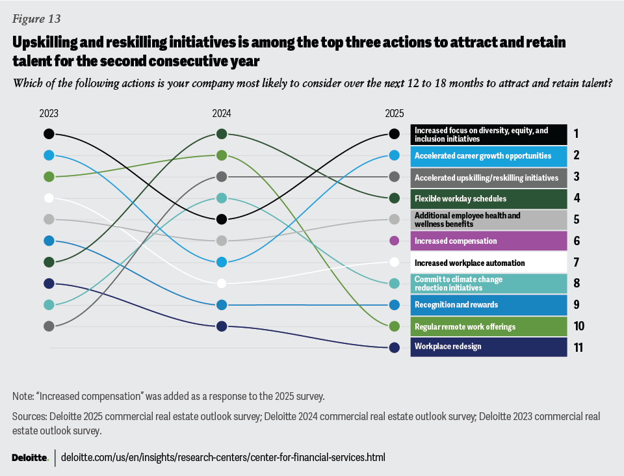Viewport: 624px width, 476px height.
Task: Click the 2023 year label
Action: pos(49,113)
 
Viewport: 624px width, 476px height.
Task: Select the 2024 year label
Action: pos(222,113)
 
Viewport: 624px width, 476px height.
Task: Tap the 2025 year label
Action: pos(394,113)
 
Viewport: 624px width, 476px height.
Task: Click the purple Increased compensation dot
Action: pos(394,241)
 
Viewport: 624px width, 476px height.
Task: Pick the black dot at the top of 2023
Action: pos(49,134)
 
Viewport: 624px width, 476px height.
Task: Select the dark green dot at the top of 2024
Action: pos(222,134)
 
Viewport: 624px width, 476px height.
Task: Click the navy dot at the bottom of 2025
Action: pos(394,347)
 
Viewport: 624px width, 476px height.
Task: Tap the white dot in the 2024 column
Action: pos(222,284)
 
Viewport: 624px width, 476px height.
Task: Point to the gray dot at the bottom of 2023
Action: pos(49,326)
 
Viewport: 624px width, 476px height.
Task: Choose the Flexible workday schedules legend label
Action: pos(460,198)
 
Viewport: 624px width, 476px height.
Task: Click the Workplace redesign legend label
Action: pos(448,347)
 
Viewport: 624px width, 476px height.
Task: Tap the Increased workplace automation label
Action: pos(469,263)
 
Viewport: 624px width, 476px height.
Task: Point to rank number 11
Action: pos(578,347)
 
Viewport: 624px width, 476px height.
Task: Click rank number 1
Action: pos(576,135)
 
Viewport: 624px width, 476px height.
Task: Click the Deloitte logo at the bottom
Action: pos(30,458)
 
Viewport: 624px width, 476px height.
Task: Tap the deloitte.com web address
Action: pos(223,458)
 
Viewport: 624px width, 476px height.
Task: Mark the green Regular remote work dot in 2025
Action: pos(394,326)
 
